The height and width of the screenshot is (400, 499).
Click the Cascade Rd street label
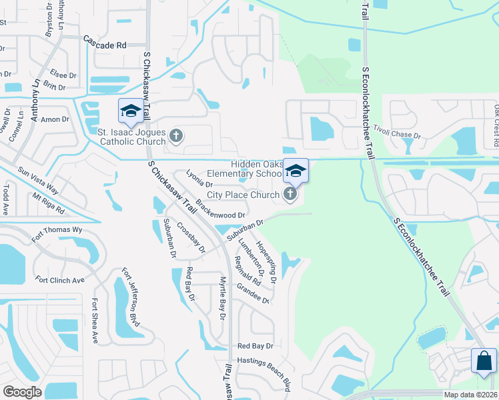(x=105, y=45)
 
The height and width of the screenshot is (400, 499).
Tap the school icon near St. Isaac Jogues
(x=130, y=111)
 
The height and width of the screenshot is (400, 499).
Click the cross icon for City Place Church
(x=290, y=195)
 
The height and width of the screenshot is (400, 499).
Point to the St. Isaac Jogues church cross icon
(x=176, y=137)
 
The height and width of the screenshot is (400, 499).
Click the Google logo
(x=22, y=392)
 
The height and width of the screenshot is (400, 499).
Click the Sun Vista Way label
(x=38, y=180)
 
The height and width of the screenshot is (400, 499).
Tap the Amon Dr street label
(x=55, y=119)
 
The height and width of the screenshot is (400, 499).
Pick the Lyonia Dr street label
(x=198, y=178)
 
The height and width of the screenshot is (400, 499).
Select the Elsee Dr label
(x=62, y=73)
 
